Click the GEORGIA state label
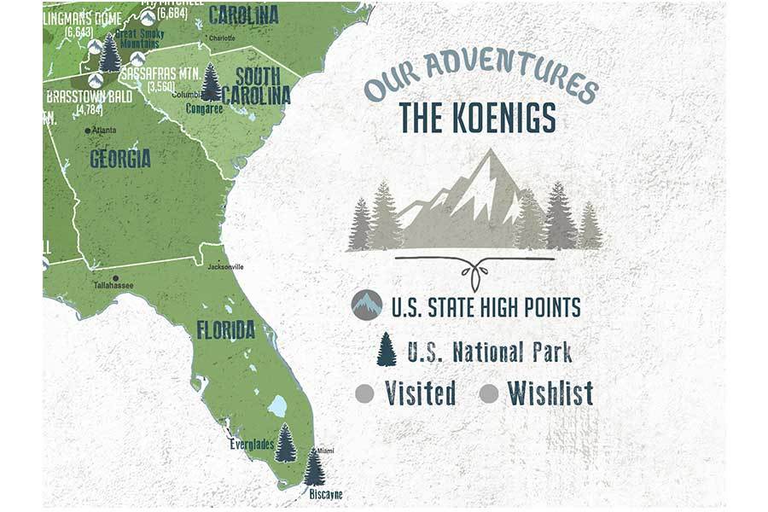click(120, 158)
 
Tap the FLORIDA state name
click(225, 329)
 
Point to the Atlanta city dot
click(87, 131)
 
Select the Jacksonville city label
click(225, 267)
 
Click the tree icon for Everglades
click(286, 443)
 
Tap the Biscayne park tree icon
click(315, 468)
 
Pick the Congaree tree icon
click(211, 83)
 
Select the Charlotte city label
click(222, 38)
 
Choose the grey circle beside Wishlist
click(489, 393)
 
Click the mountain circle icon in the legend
click(367, 304)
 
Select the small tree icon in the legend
click(387, 349)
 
